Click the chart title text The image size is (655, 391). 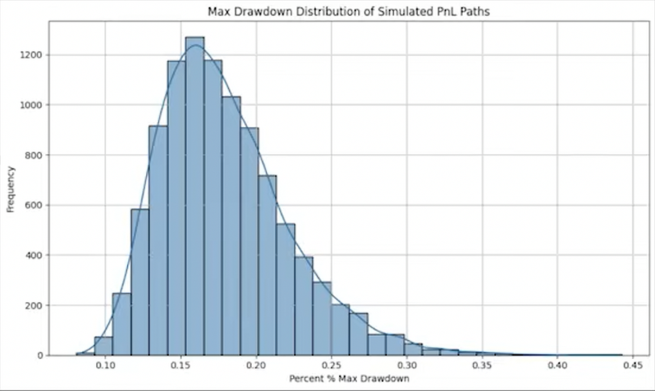click(348, 12)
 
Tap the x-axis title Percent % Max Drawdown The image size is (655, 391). click(349, 379)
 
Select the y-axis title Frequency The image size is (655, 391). click(10, 189)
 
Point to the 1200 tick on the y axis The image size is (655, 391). click(31, 55)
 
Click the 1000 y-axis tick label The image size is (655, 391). click(31, 105)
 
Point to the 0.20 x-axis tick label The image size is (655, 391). click(256, 365)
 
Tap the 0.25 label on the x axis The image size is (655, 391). click(332, 365)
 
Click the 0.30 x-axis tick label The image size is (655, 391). click(407, 365)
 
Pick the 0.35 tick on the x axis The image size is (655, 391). click(482, 365)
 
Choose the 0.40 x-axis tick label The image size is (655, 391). click(558, 365)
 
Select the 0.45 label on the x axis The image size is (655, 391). click(633, 365)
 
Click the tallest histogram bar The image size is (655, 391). click(195, 201)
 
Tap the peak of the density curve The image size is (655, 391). click(195, 45)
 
